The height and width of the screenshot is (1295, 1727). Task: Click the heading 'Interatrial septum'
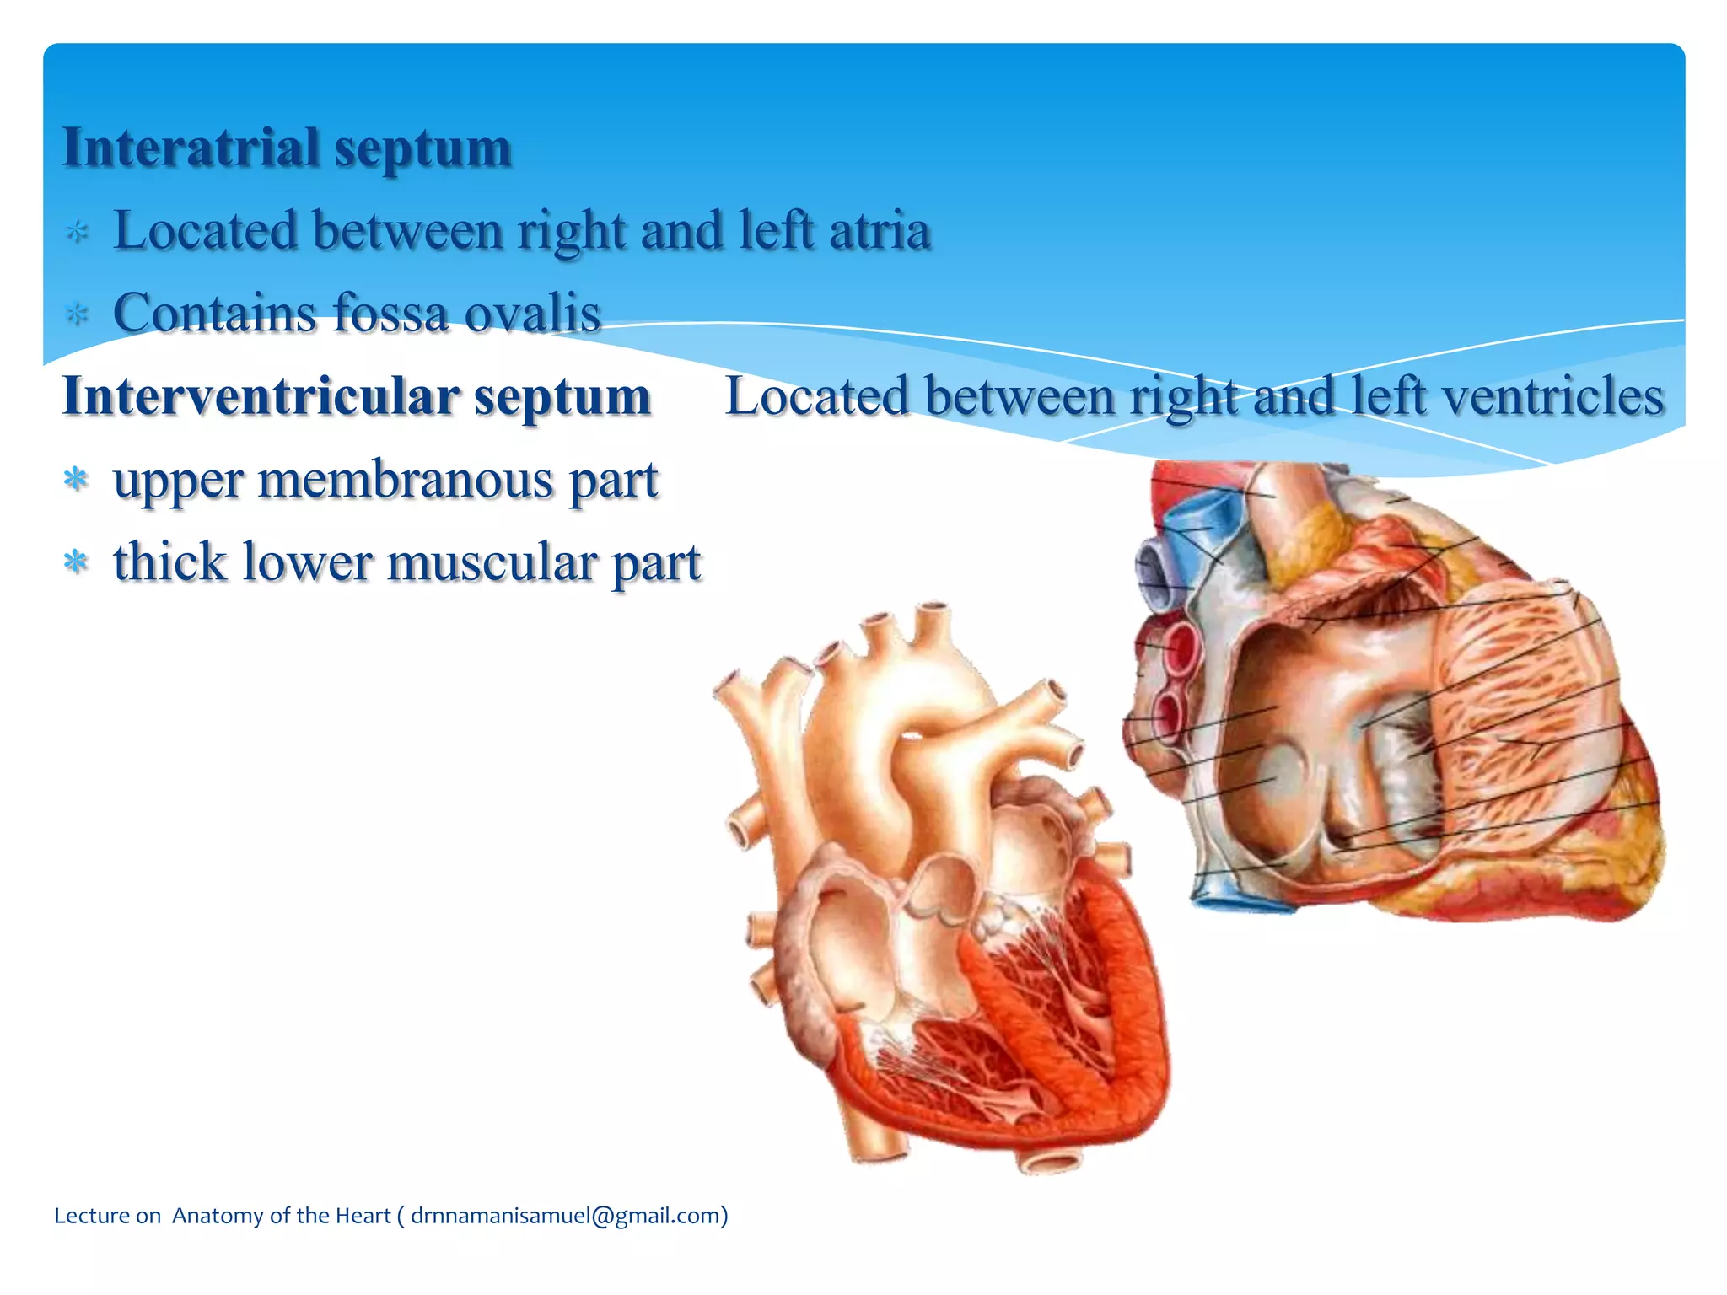pyautogui.click(x=287, y=148)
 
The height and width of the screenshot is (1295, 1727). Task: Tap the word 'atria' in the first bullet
pyautogui.click(x=880, y=231)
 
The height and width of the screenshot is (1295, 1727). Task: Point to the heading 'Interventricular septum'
pyautogui.click(x=357, y=396)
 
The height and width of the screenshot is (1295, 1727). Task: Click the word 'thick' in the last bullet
pyautogui.click(x=170, y=562)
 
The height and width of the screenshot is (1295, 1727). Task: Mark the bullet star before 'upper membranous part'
pyautogui.click(x=76, y=480)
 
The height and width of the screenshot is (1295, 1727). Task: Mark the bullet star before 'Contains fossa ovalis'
pyautogui.click(x=77, y=314)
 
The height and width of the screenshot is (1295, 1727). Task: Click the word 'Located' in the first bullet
pyautogui.click(x=206, y=231)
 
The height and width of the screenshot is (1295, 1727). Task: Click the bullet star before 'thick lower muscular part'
pyautogui.click(x=76, y=562)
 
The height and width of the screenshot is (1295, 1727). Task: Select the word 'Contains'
pyautogui.click(x=215, y=314)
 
